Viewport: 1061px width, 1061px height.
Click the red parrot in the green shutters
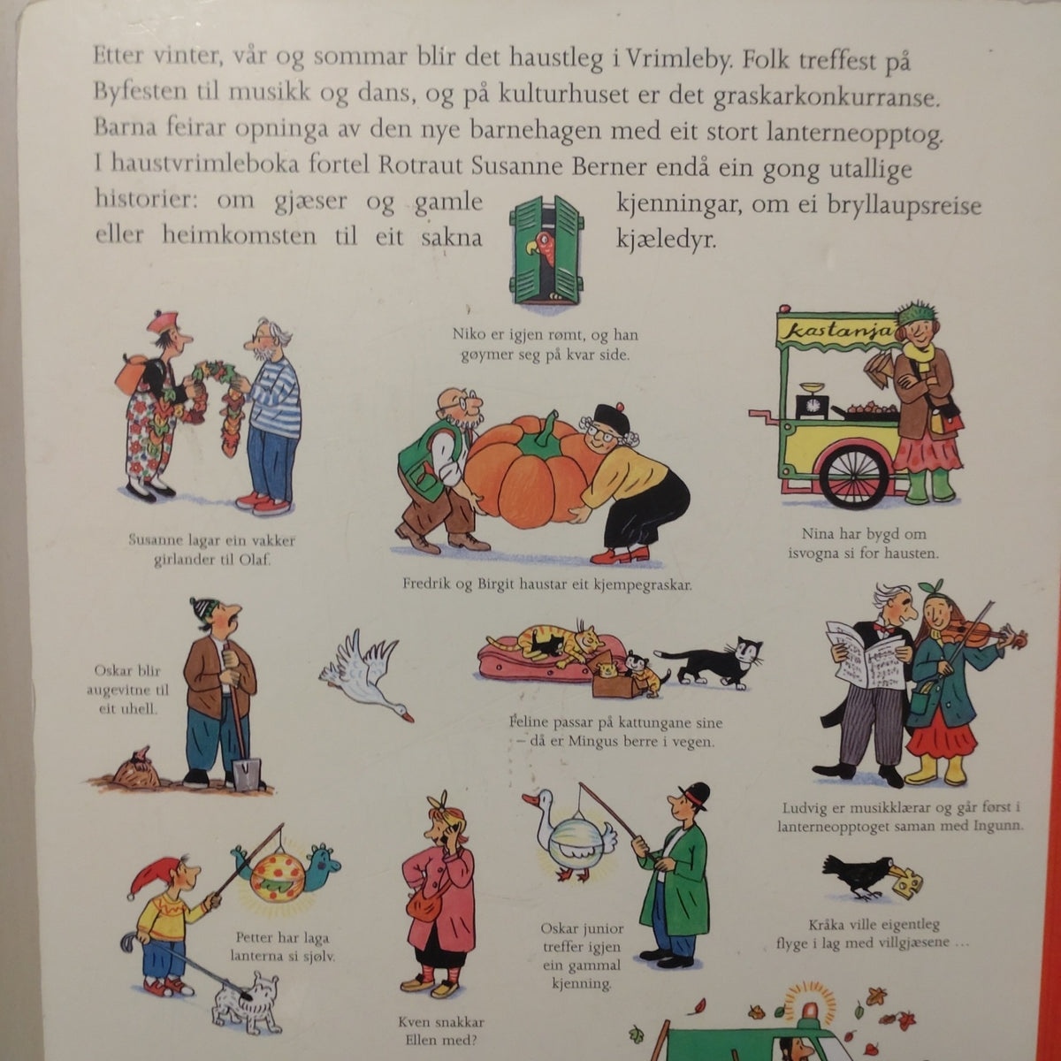click(x=542, y=248)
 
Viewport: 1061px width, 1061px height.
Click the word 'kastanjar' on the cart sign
click(x=839, y=332)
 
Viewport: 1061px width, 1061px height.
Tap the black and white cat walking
click(x=710, y=660)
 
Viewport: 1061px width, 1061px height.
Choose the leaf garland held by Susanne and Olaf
click(x=215, y=399)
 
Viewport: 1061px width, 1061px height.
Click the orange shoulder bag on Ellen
click(x=425, y=909)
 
